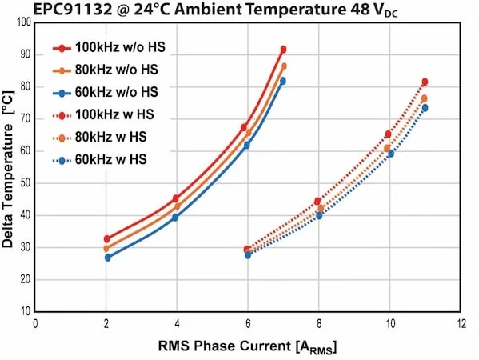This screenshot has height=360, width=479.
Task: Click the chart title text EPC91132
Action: (73, 10)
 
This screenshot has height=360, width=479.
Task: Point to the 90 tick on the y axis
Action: (26, 55)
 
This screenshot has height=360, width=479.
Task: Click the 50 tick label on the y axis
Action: (26, 183)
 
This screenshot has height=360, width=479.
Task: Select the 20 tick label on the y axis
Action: (26, 280)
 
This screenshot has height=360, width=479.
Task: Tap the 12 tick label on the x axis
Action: (461, 324)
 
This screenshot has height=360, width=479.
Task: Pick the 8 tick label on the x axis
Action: (319, 324)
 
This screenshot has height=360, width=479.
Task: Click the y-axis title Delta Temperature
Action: (8, 186)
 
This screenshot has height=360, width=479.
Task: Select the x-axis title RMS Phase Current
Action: (226, 346)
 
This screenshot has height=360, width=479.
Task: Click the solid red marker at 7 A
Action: (284, 50)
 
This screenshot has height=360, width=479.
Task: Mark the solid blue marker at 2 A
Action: (107, 258)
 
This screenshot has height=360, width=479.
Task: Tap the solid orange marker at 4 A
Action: (178, 206)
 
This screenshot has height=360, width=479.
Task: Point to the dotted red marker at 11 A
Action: (425, 82)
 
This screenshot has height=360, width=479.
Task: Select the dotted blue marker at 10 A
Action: (391, 154)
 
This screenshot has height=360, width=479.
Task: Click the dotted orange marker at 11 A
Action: (424, 98)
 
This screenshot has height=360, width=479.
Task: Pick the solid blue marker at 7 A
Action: (283, 81)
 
